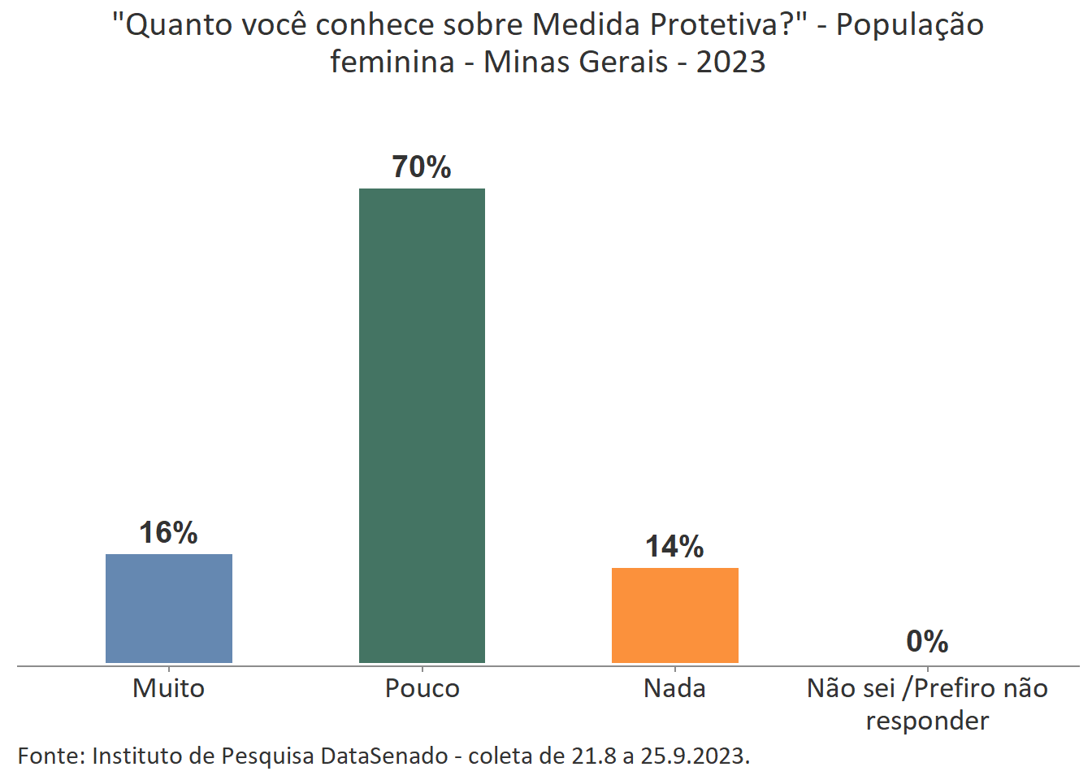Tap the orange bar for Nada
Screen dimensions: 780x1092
(x=674, y=615)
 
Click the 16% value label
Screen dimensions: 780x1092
(x=168, y=533)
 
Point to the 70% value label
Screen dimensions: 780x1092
(x=422, y=167)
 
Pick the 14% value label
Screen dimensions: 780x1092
(x=674, y=547)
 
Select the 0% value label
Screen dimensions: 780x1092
(x=927, y=642)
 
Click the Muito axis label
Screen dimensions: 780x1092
(x=168, y=688)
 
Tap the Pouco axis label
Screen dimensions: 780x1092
(x=422, y=688)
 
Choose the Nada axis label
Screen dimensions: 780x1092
(x=674, y=688)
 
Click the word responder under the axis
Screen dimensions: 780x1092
(x=927, y=721)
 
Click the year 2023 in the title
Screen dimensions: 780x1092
(x=730, y=62)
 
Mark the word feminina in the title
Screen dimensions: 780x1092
(x=392, y=62)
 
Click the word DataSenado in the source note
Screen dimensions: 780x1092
(x=384, y=756)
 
